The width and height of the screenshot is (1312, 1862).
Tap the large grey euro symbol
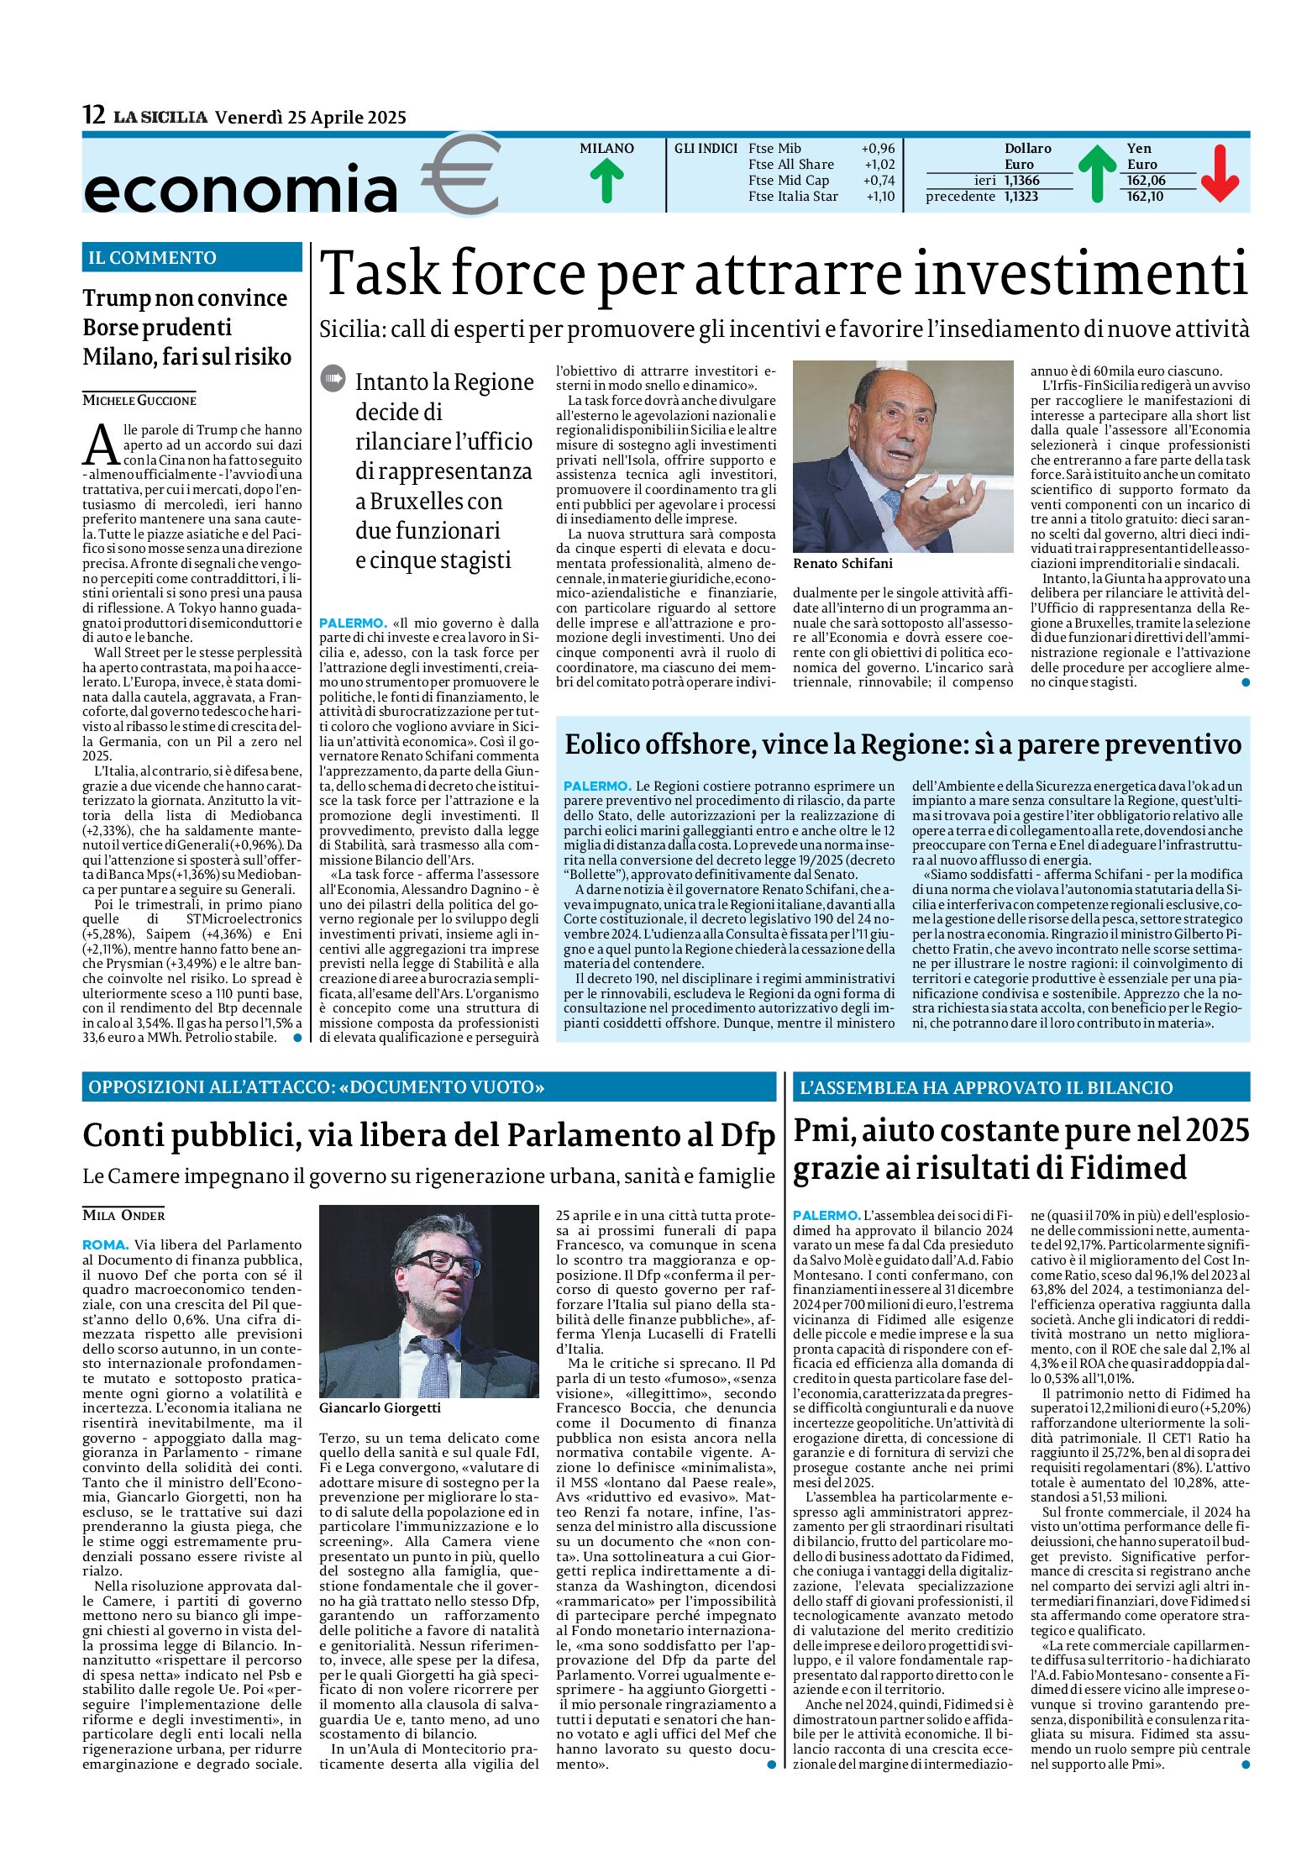pyautogui.click(x=461, y=174)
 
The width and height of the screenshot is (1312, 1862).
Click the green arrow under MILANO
pyautogui.click(x=606, y=181)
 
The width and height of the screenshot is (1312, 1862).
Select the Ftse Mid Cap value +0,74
pyautogui.click(x=879, y=181)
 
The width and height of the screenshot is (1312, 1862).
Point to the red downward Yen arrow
pyautogui.click(x=1220, y=173)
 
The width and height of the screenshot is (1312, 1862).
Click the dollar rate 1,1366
pyautogui.click(x=1021, y=181)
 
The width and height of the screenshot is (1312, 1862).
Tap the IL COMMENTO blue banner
pyautogui.click(x=192, y=258)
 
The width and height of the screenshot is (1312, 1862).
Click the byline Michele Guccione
pyautogui.click(x=139, y=400)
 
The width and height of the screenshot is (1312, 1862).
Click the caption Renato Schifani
pyautogui.click(x=842, y=564)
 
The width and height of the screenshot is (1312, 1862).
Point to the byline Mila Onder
pyautogui.click(x=123, y=1215)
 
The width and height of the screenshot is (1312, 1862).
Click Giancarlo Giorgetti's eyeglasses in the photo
pyautogui.click(x=440, y=1264)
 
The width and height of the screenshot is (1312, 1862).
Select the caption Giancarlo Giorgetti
pyautogui.click(x=380, y=1407)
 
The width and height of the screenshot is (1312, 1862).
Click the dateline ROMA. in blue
pyautogui.click(x=105, y=1245)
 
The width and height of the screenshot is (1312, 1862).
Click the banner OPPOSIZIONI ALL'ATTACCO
pyautogui.click(x=316, y=1087)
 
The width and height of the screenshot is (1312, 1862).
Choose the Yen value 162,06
pyautogui.click(x=1146, y=181)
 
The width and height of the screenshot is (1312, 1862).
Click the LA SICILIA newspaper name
pyautogui.click(x=160, y=118)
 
